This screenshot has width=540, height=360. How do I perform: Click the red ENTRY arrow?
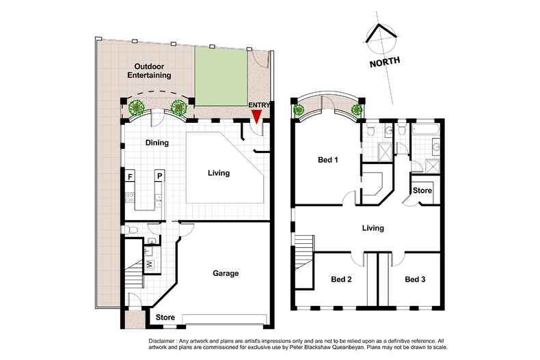click(256, 117)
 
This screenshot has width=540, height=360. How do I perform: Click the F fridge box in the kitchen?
click(130, 176)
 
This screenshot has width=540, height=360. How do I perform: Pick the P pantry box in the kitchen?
click(159, 176)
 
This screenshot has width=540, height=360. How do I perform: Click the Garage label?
click(225, 273)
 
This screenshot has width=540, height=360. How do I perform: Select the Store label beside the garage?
click(165, 318)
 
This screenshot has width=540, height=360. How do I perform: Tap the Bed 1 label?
click(329, 161)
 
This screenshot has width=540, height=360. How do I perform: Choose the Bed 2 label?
click(341, 279)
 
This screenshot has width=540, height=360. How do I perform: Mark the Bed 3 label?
click(415, 279)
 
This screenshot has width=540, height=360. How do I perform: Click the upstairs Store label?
click(422, 191)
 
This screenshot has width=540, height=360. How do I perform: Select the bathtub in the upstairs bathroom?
click(427, 128)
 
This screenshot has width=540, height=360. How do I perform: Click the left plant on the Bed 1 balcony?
click(299, 109)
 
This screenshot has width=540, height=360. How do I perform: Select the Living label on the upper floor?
click(373, 228)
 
